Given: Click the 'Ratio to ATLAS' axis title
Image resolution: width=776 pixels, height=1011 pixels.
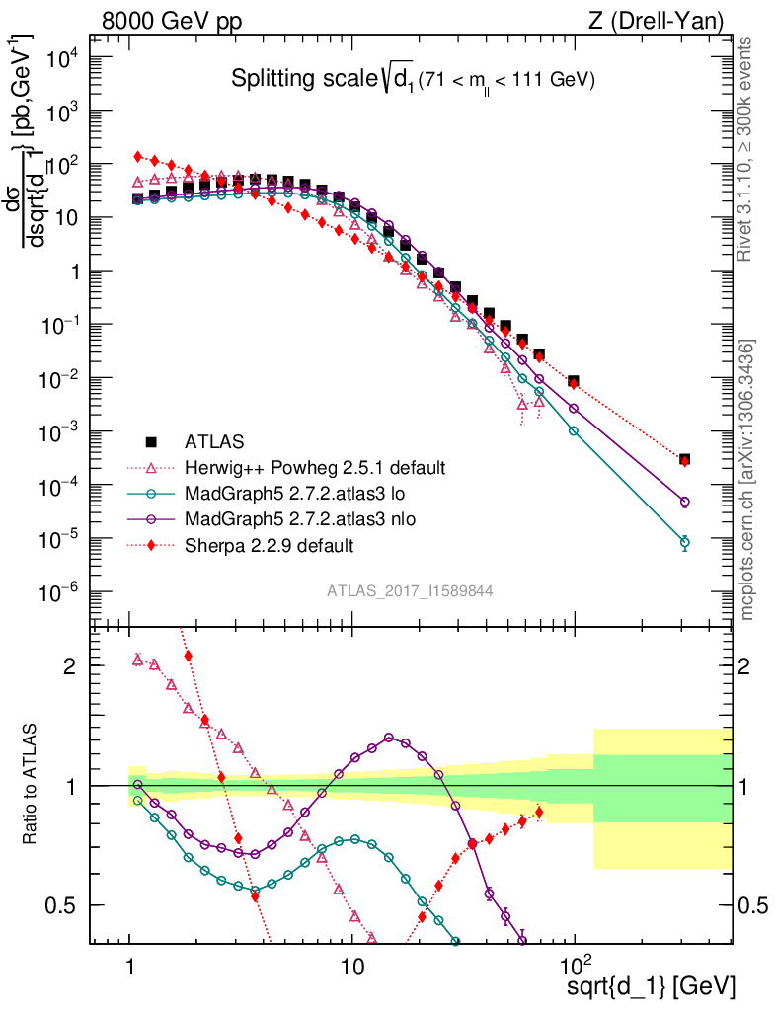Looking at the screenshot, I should pyautogui.click(x=32, y=785).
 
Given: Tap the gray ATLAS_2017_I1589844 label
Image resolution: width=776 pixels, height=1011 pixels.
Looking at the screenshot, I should pyautogui.click(x=410, y=590).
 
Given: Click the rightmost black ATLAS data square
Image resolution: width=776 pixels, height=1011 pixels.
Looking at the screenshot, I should pyautogui.click(x=684, y=459).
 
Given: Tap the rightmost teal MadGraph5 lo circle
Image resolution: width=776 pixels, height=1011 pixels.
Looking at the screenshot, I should pyautogui.click(x=684, y=542).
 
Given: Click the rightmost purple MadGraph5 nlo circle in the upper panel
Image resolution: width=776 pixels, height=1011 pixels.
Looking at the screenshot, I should pyautogui.click(x=684, y=502).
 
